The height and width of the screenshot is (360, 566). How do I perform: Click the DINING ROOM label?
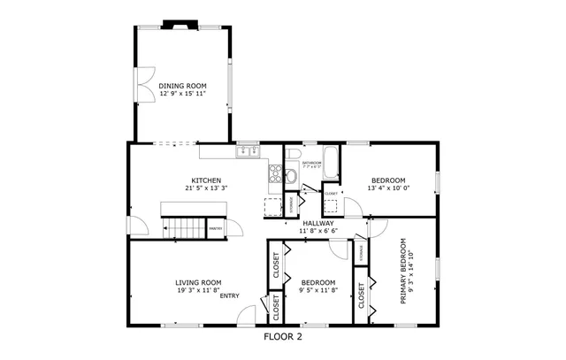(183, 86)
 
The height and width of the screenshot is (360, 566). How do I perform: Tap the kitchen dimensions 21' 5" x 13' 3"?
(203, 188)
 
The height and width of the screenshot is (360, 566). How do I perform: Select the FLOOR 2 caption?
(283, 336)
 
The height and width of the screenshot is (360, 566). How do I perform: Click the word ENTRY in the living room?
(230, 295)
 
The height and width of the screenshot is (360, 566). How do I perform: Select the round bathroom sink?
(291, 174)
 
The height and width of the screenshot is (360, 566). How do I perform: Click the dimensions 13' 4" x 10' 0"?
(389, 188)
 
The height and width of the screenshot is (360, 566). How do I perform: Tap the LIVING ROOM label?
(197, 281)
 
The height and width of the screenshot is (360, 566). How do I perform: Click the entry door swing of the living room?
(249, 313)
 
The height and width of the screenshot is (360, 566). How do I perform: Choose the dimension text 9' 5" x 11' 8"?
(317, 289)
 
